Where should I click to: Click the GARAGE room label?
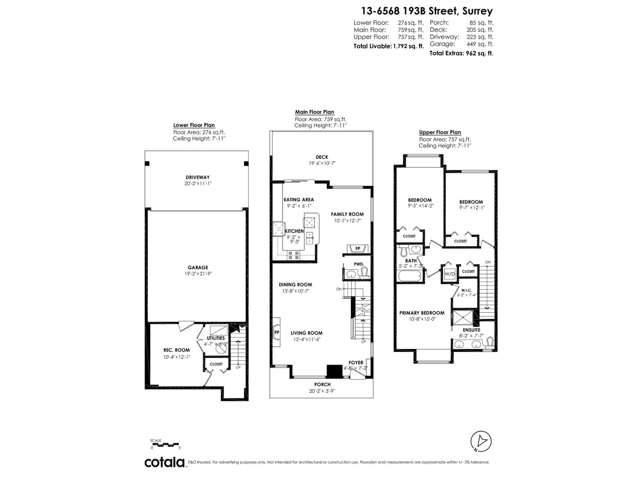coord(198,267)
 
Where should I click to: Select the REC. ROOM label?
coord(176,350)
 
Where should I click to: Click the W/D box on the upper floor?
coord(450,274)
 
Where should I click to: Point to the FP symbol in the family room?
coord(358,249)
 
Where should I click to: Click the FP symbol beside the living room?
coord(276,333)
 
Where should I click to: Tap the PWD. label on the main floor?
coord(359,264)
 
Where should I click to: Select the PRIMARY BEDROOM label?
coord(421,313)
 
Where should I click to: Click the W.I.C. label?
coord(466,290)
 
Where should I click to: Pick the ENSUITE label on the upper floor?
coord(471,330)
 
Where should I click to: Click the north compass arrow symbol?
coord(481,442)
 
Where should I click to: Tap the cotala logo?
coord(165,462)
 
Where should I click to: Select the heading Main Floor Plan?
coord(314,112)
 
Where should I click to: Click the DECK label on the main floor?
coord(322,157)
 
